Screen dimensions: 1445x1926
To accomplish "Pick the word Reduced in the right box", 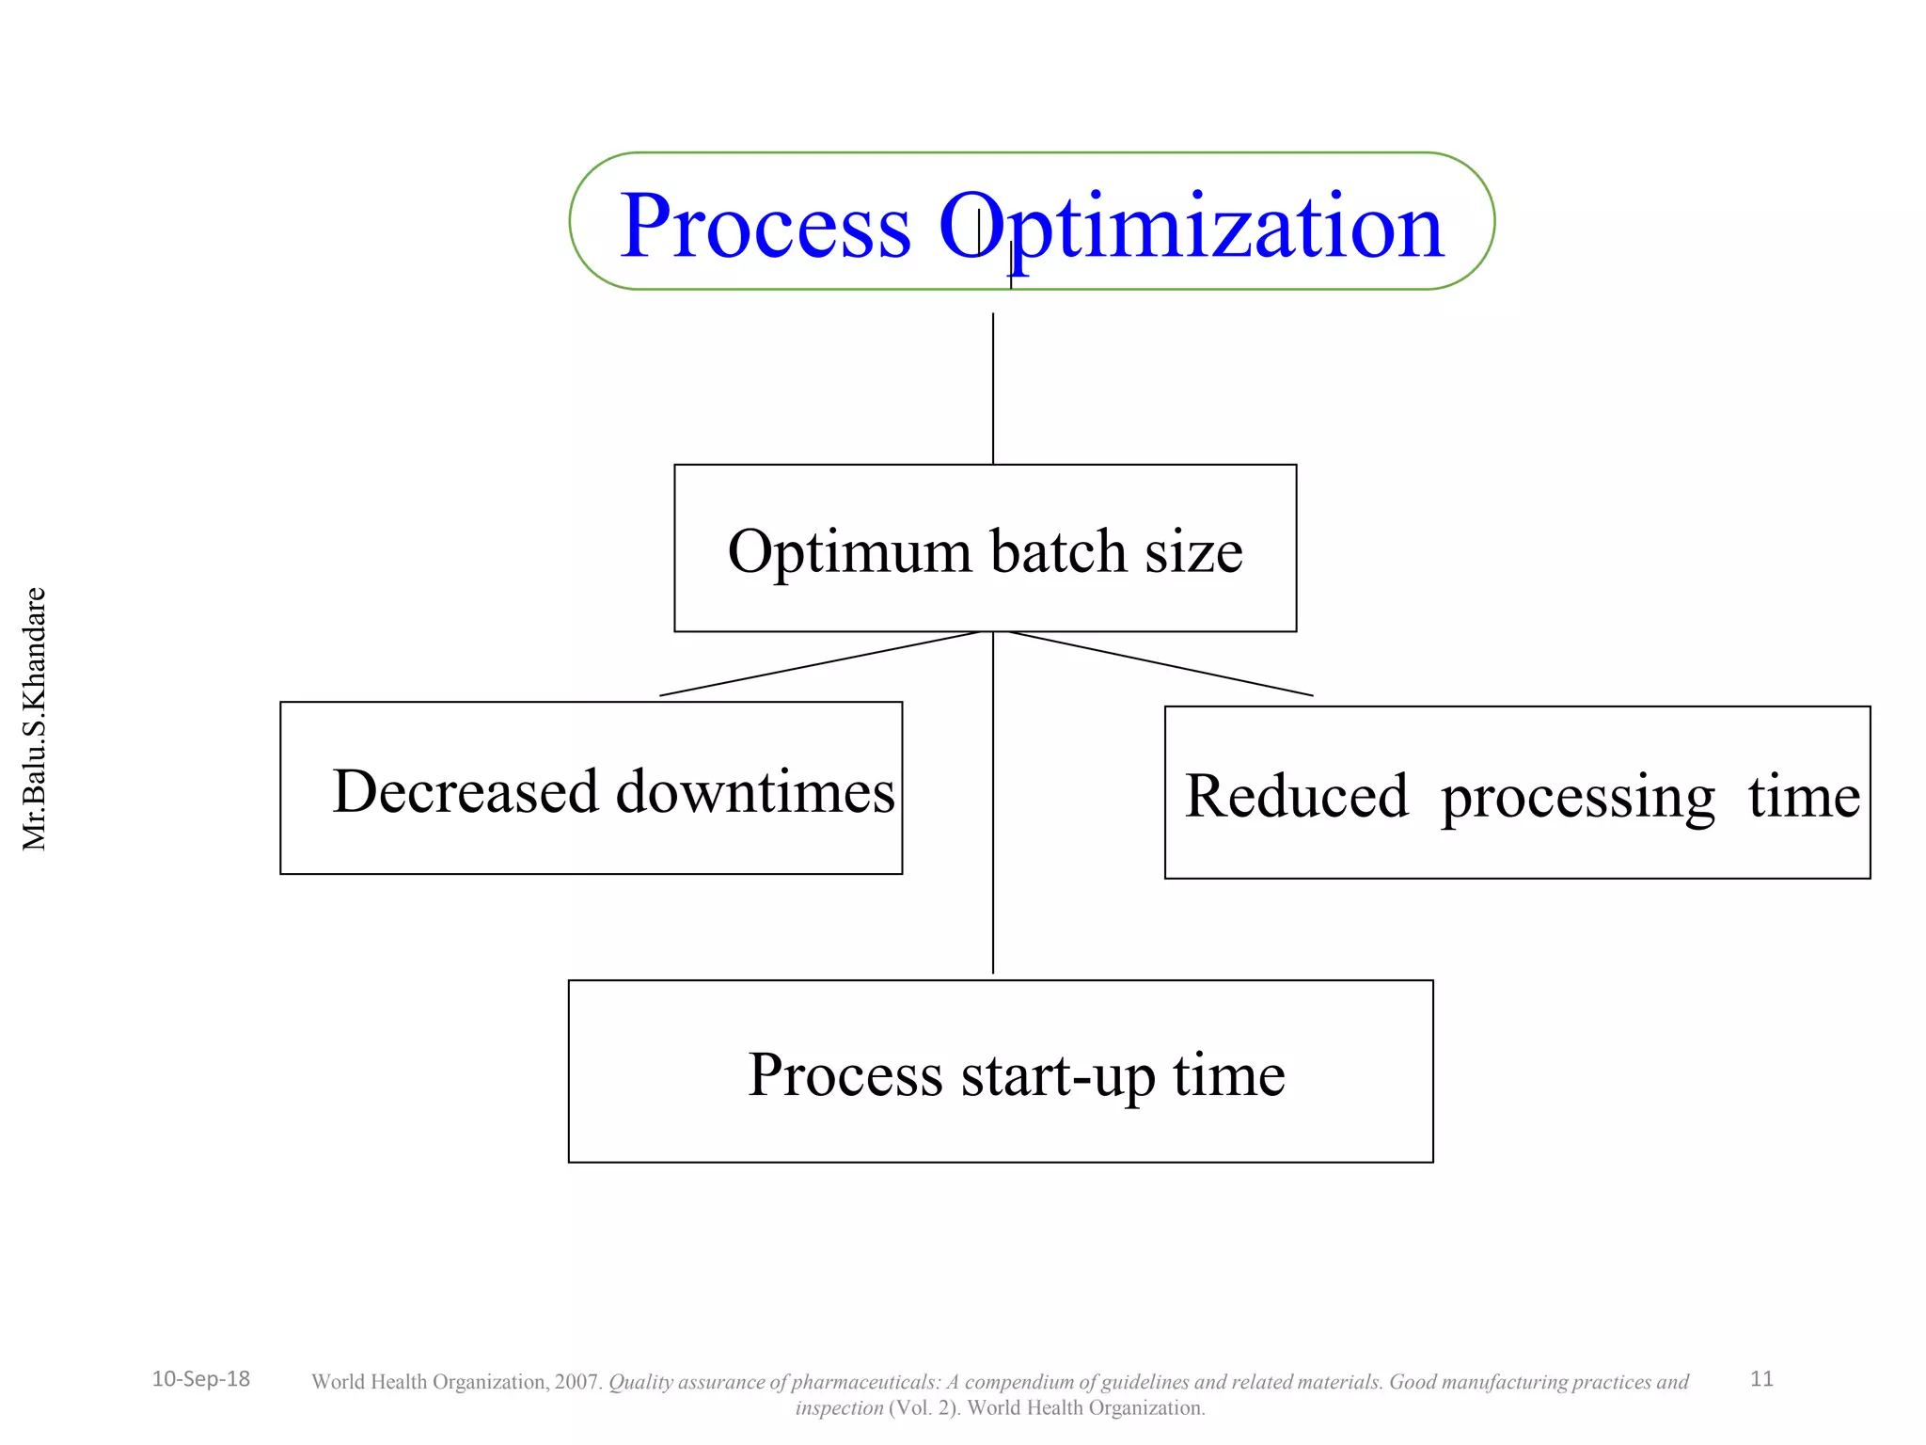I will (x=1296, y=797).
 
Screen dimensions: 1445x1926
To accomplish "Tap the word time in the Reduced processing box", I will (x=1803, y=797).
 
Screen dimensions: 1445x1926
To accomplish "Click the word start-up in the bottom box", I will (x=1057, y=1075).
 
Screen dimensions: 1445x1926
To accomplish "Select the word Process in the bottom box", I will (x=845, y=1075).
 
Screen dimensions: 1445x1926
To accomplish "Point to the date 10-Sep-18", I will (x=200, y=1379).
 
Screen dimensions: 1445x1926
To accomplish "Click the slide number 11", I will (x=1761, y=1379).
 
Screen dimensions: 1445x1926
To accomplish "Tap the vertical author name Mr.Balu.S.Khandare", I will (x=34, y=719).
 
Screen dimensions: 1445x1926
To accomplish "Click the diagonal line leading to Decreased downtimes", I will (x=818, y=664).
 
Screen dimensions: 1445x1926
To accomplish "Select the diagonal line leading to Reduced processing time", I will (x=1161, y=664).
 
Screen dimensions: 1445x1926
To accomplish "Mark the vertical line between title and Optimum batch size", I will (x=993, y=388).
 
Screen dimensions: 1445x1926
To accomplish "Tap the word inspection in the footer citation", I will (x=839, y=1408).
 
